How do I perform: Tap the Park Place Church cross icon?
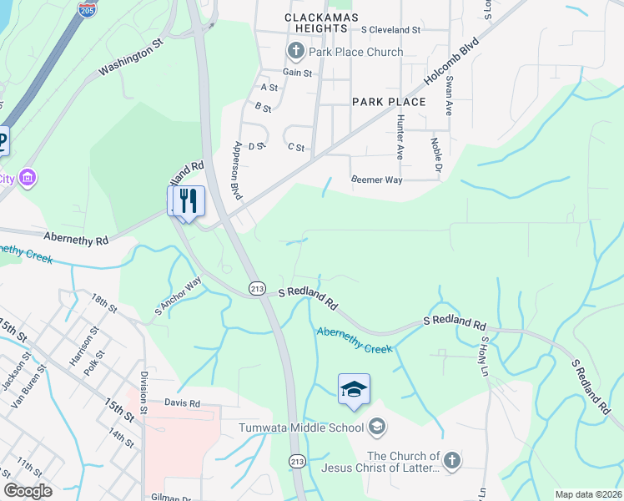pyautogui.click(x=295, y=52)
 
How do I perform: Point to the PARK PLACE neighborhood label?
pyautogui.click(x=389, y=102)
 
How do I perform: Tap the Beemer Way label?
pyautogui.click(x=376, y=180)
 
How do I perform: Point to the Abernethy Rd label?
pyautogui.click(x=77, y=239)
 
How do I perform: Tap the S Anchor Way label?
pyautogui.click(x=179, y=296)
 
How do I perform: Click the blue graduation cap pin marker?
pyautogui.click(x=354, y=389)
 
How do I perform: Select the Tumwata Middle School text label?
pyautogui.click(x=301, y=428)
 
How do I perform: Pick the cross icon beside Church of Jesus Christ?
pyautogui.click(x=450, y=461)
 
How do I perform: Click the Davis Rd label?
pyautogui.click(x=182, y=402)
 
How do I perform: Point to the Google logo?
pyautogui.click(x=28, y=491)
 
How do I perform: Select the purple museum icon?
pyautogui.click(x=28, y=178)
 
